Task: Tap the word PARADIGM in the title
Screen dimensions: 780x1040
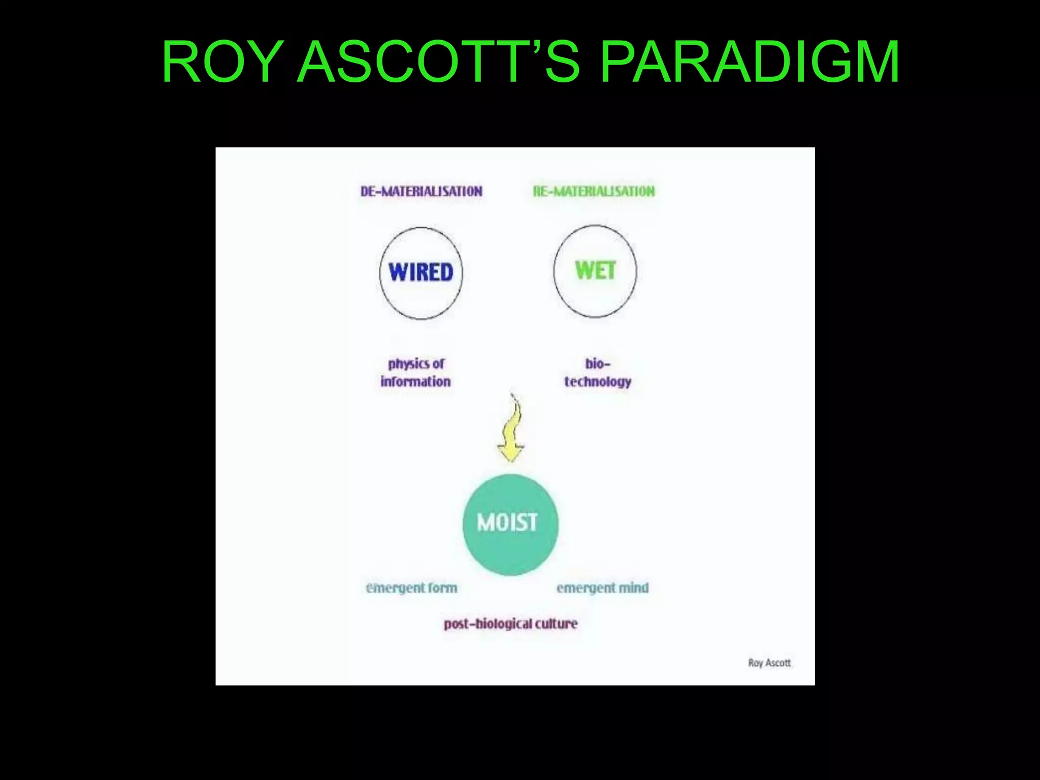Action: click(750, 62)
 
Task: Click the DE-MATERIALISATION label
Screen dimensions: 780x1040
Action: click(421, 191)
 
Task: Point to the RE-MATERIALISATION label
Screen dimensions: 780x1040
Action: click(594, 191)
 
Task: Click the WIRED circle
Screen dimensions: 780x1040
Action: click(421, 273)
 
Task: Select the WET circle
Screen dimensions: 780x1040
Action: click(595, 271)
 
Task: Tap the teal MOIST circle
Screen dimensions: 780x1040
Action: click(510, 524)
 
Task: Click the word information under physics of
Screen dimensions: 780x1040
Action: click(415, 382)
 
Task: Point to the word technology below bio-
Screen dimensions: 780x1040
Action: click(598, 382)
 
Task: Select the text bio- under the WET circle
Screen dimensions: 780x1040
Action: click(597, 364)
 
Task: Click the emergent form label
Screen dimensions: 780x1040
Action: click(411, 588)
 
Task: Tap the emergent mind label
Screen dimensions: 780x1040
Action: click(602, 588)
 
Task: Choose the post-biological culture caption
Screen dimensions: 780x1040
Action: click(510, 624)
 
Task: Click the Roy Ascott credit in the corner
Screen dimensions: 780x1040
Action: click(769, 663)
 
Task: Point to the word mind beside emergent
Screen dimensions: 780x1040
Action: click(633, 588)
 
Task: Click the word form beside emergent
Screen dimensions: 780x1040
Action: click(442, 588)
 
